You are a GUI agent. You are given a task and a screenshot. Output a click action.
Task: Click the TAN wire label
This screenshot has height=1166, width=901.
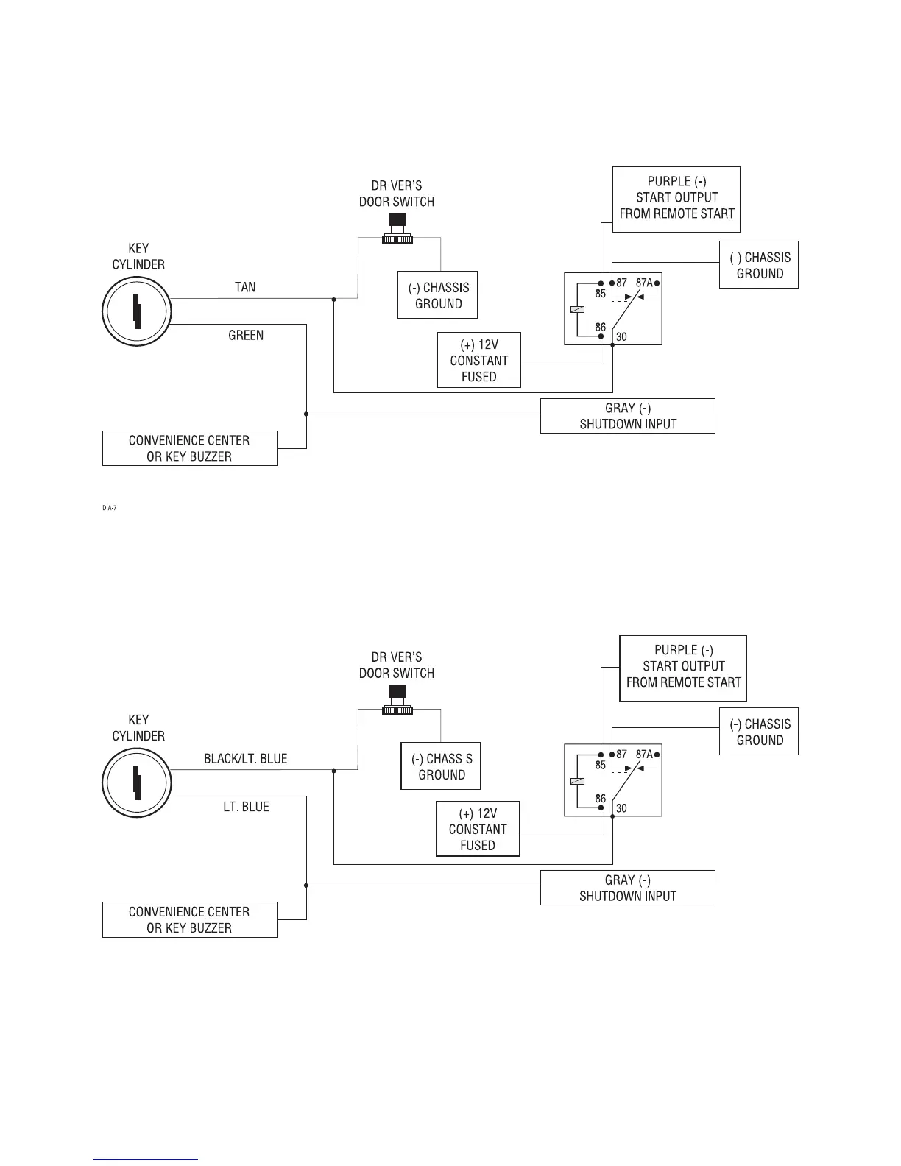click(x=245, y=287)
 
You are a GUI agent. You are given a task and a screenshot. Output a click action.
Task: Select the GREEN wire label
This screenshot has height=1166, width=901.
click(x=246, y=336)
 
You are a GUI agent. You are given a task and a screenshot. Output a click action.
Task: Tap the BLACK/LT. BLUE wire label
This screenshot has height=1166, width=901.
click(x=245, y=759)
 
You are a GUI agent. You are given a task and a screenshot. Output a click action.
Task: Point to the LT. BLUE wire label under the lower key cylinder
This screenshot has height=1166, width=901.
click(x=246, y=807)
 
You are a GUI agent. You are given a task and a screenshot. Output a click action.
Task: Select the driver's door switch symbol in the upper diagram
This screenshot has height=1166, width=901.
click(x=397, y=229)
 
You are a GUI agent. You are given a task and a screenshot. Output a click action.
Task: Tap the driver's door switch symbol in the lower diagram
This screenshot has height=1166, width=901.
click(x=397, y=701)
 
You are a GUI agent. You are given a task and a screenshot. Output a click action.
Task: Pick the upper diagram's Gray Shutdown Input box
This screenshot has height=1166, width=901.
click(x=627, y=416)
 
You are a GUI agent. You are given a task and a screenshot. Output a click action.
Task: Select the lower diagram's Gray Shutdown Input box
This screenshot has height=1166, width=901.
click(x=627, y=888)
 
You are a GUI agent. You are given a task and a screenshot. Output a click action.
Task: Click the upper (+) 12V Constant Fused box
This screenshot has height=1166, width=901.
click(x=478, y=361)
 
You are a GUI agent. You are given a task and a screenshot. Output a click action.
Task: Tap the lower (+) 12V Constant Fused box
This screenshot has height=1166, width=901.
click(x=478, y=829)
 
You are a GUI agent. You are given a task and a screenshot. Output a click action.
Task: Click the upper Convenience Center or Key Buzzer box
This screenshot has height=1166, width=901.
click(x=189, y=448)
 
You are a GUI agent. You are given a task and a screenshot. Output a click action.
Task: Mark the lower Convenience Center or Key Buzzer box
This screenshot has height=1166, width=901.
click(x=189, y=920)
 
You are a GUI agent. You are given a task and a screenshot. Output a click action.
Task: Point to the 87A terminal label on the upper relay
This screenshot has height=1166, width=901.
click(x=643, y=283)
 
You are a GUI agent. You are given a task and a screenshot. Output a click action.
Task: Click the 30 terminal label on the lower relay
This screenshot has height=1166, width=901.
click(x=621, y=808)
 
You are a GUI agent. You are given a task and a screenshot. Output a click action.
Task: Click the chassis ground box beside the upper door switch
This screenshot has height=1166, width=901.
click(x=438, y=295)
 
